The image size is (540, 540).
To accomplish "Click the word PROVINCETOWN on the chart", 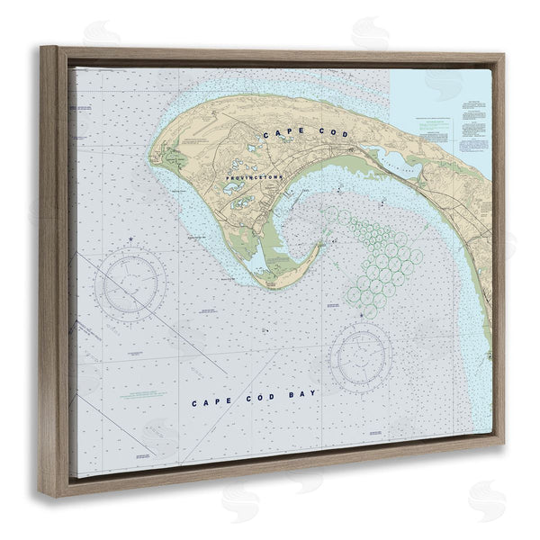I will (255, 178).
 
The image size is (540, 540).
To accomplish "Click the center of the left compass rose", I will (131, 285).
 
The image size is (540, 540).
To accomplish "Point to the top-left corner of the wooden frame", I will (41, 48).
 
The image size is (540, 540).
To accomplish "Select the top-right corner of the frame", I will (503, 56).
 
